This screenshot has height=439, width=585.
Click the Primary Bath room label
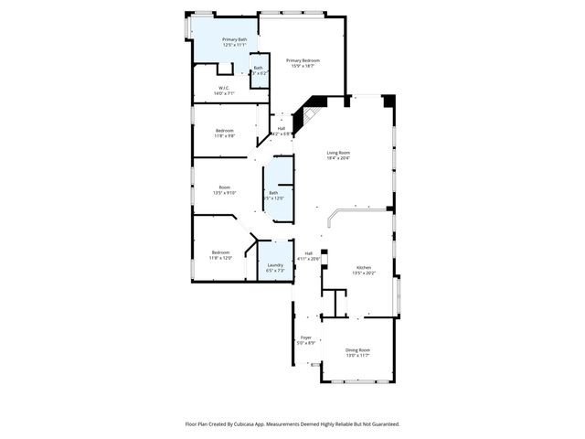click(x=234, y=40)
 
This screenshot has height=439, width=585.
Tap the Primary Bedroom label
click(x=304, y=60)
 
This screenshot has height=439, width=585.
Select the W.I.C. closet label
click(x=224, y=89)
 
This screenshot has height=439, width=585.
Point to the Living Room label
click(x=339, y=153)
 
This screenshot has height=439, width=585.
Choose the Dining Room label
click(x=357, y=350)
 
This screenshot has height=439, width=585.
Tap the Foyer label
click(x=306, y=337)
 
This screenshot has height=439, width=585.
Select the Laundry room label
click(x=275, y=265)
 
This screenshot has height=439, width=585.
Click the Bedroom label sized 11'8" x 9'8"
click(x=225, y=131)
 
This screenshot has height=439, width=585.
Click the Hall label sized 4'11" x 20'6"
click(x=309, y=253)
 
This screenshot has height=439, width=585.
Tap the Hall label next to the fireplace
click(x=281, y=128)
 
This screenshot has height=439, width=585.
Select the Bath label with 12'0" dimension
click(x=273, y=192)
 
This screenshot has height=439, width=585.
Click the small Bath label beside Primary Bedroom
click(x=258, y=68)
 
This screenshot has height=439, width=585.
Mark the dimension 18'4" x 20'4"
click(x=339, y=158)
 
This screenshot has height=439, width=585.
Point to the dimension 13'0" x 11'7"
click(x=357, y=356)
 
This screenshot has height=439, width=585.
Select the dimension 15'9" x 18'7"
click(x=304, y=66)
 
